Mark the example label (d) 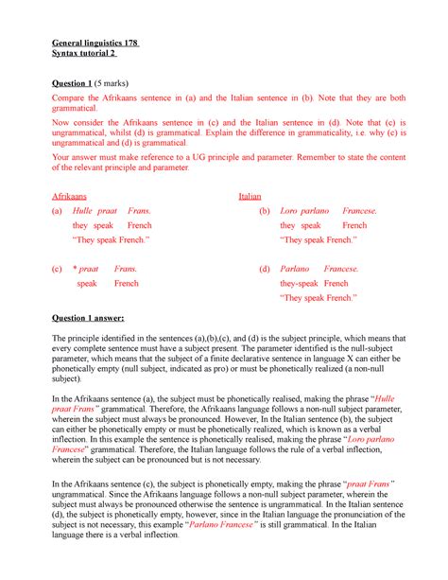coord(265,269)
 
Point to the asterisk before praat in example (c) coord(80,269)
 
